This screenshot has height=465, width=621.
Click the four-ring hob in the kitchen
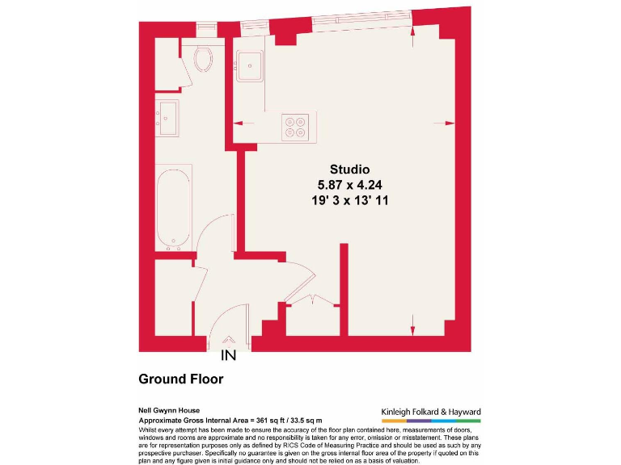point(294,127)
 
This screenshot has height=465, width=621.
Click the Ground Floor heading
point(180,379)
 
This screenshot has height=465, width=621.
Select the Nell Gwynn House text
point(169,410)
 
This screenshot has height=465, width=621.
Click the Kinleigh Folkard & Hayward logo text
point(430,411)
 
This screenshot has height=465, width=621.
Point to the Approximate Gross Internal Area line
point(230,421)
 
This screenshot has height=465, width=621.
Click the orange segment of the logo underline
point(393,421)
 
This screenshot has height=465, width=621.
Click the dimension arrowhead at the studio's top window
point(413,32)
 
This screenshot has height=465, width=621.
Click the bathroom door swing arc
point(212,231)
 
